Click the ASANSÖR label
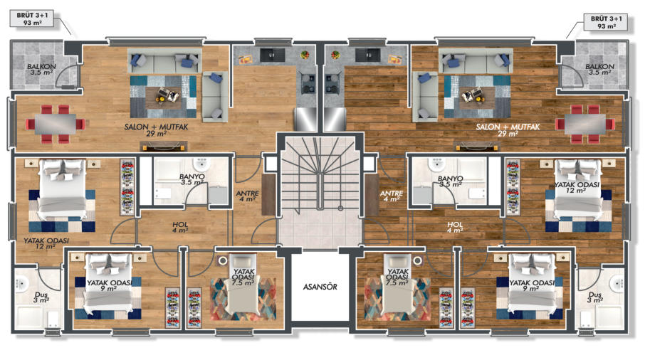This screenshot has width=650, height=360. [x=320, y=287]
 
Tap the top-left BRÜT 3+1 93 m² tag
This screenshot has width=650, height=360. [x=32, y=18]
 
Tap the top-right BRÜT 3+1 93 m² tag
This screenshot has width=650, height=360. [x=606, y=22]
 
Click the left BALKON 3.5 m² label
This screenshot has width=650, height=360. [x=41, y=69]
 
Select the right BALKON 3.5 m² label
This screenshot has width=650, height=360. [x=599, y=69]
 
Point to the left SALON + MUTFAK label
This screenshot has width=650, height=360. [x=157, y=129]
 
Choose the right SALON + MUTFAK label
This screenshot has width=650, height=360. [x=508, y=129]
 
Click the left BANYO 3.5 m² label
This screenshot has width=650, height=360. [x=192, y=179]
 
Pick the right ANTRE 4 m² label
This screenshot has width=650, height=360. [x=392, y=196]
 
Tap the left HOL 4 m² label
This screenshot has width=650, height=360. [x=180, y=228]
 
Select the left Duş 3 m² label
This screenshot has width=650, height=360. [x=41, y=297]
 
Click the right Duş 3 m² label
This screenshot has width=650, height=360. [x=595, y=297]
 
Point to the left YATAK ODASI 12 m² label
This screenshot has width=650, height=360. [x=46, y=243]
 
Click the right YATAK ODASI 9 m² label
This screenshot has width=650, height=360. [x=532, y=285]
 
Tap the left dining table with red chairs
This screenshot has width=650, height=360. [x=55, y=124]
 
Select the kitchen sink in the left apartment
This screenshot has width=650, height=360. [x=272, y=55]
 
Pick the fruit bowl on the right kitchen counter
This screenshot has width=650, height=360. [x=335, y=55]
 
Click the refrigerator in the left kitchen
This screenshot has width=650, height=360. [x=305, y=120]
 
